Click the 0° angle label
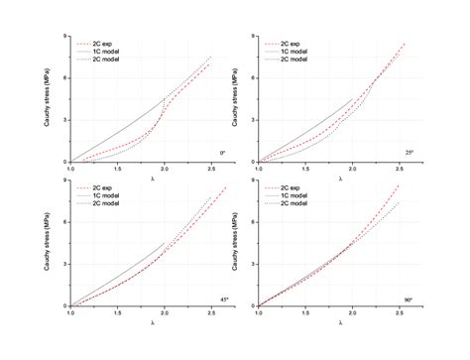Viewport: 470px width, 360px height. (222, 152)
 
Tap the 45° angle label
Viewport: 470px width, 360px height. (222, 295)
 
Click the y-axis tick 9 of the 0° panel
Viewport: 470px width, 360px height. (64, 37)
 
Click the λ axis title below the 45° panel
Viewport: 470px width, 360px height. (154, 322)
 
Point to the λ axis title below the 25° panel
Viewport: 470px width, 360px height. (341, 179)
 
